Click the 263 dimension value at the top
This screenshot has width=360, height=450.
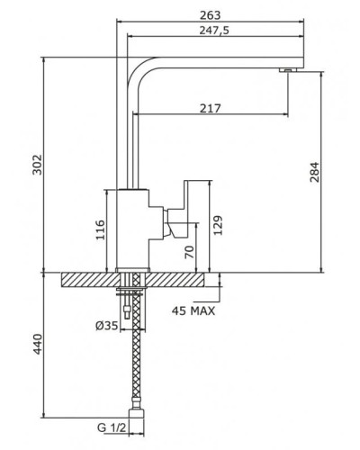[x=210, y=15]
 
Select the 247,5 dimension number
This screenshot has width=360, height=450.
[x=214, y=31]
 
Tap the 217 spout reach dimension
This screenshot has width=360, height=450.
[x=211, y=108]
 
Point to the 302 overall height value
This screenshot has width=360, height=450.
[x=37, y=165]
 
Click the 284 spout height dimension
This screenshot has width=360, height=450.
[x=314, y=172]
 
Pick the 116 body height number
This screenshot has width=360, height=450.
[x=100, y=229]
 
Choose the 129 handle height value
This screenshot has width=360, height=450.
[x=218, y=225]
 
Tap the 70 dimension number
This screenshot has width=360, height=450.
[x=189, y=252]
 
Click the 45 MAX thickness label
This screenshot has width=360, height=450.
[x=193, y=311]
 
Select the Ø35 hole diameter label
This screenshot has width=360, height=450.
[x=107, y=326]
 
